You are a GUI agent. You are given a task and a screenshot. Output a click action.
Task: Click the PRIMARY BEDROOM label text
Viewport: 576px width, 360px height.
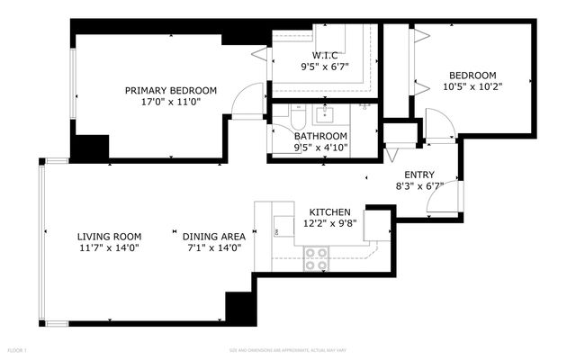[170, 90]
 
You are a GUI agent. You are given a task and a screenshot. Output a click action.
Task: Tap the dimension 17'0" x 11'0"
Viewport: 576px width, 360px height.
[170, 102]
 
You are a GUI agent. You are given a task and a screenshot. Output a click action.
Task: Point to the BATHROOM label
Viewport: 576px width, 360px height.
[320, 136]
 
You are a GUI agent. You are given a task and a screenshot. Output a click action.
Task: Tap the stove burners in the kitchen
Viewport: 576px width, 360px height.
[315, 258]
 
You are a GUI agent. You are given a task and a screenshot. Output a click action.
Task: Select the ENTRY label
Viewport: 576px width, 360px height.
[419, 175]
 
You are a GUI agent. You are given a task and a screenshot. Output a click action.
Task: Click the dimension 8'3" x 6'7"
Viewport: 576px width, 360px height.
[419, 186]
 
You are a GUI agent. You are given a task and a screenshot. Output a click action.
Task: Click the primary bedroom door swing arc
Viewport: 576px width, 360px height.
[247, 100]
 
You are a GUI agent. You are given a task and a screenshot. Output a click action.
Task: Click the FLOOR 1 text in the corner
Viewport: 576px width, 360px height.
[18, 349]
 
